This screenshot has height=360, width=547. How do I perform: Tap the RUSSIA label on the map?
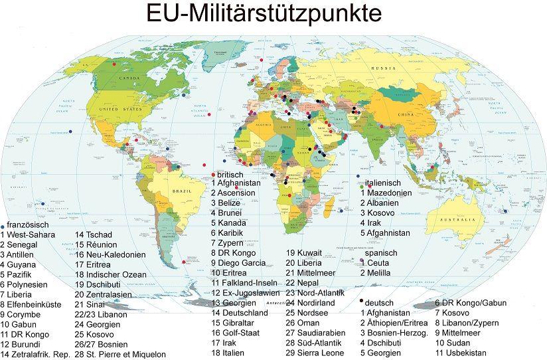coord(383,68)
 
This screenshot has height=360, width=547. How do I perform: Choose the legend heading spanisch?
coord(381,253)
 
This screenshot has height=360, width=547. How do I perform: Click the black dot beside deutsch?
coord(361,302)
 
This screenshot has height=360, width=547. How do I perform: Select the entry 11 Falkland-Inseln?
coord(244,282)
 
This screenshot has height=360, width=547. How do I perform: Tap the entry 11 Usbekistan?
coord(461,353)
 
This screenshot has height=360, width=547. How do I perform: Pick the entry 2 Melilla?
coord(378,273)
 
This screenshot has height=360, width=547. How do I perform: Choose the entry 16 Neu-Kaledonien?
coord(110,254)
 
